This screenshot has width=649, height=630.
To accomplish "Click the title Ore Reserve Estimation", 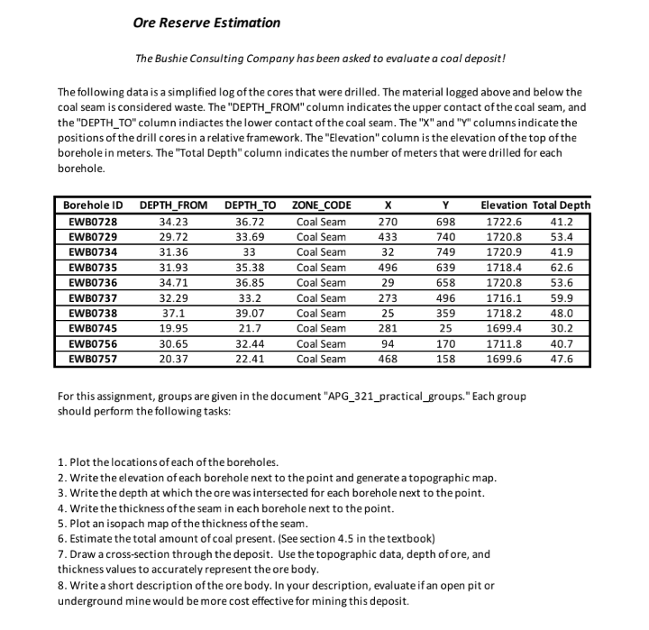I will [206, 23].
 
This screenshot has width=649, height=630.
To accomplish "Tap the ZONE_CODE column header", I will [322, 205].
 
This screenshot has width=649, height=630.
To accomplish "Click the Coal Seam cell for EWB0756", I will [321, 343].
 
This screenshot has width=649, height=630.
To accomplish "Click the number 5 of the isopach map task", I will [60, 524].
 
